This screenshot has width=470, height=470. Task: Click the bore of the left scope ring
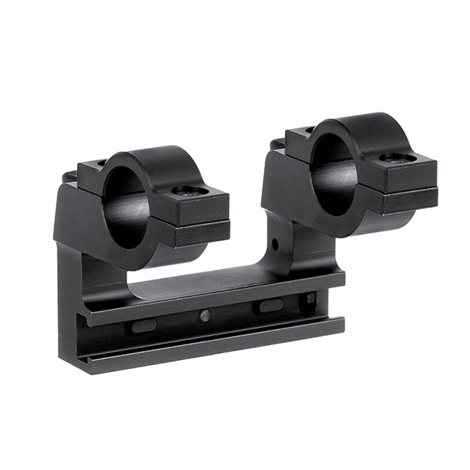[125, 207]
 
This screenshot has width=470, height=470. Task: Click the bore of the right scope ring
[334, 174]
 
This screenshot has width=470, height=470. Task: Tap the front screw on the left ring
[189, 191]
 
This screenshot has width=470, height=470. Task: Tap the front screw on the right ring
[397, 158]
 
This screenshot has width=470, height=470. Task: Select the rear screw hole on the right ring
[310, 130]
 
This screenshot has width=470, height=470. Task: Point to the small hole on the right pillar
[275, 244]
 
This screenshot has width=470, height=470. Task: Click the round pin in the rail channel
[204, 315]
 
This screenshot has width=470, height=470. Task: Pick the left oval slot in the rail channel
[144, 326]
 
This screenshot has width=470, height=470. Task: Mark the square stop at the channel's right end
[311, 298]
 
